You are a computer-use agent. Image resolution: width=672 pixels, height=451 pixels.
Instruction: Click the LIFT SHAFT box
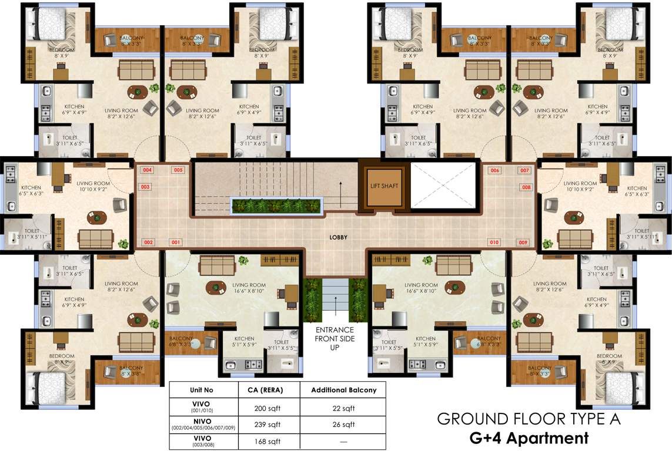click(384, 187)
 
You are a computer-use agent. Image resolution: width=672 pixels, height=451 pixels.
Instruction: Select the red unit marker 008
click(526, 187)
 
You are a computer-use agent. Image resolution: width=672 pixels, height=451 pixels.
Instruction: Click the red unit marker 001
click(175, 242)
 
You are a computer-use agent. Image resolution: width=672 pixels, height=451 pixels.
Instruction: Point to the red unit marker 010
click(494, 242)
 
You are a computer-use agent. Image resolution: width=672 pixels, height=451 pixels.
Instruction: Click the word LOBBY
click(339, 237)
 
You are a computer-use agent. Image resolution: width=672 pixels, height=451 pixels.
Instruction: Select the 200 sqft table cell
click(266, 408)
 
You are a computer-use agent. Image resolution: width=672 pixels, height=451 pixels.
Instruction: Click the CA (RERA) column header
click(266, 390)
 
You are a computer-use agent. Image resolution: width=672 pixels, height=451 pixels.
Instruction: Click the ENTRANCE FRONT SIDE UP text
click(335, 338)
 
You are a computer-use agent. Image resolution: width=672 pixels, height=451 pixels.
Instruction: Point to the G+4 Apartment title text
click(529, 437)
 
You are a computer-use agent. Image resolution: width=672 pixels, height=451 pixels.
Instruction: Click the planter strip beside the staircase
click(278, 206)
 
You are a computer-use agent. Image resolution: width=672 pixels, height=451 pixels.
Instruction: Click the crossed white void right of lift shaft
click(442, 185)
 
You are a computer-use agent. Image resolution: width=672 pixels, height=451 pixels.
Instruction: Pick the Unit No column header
click(202, 390)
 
